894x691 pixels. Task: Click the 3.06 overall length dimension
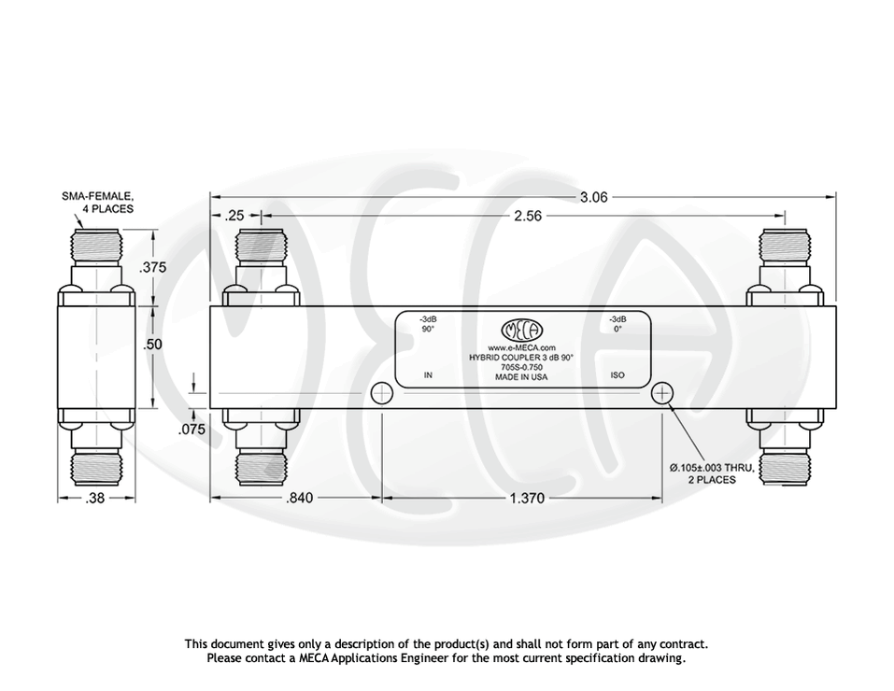point(594,197)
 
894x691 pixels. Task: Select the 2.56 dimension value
point(529,216)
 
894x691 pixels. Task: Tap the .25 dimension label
point(234,216)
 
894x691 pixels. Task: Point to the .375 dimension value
point(152,267)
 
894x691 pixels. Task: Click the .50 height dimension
point(152,345)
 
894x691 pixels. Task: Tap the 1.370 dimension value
point(527,499)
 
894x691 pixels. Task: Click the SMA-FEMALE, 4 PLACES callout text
point(98,203)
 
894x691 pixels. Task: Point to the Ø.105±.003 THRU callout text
point(711,468)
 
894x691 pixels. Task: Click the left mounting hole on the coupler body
point(381,394)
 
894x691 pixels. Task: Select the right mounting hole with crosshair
point(662,394)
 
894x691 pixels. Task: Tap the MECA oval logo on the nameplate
point(522,331)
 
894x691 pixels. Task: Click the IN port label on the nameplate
point(428,375)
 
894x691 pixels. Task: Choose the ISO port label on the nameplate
point(617,375)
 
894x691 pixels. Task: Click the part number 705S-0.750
point(521,367)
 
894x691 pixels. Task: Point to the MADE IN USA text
point(521,377)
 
